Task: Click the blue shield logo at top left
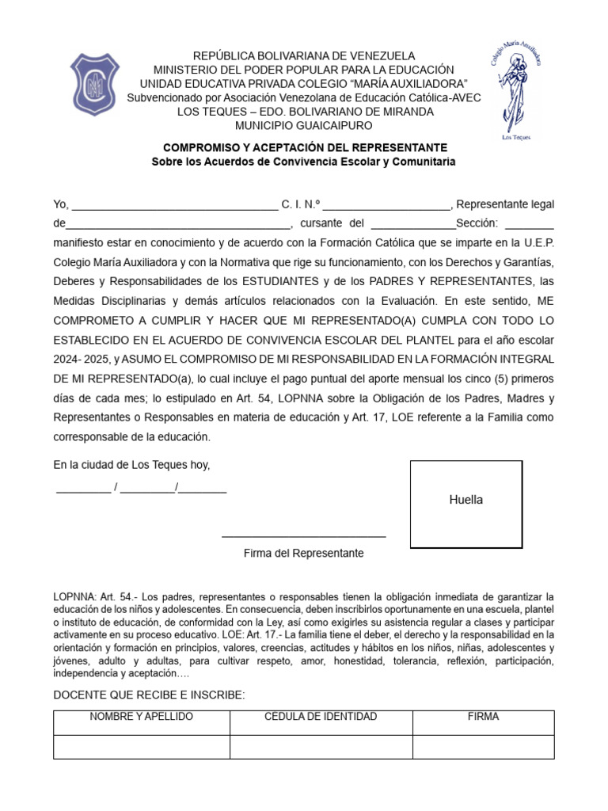[x=97, y=85]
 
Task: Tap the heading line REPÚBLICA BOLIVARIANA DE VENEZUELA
[x=305, y=55]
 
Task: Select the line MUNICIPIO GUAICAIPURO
[x=304, y=125]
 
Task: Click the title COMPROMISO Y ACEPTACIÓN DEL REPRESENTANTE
[x=305, y=148]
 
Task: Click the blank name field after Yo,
[x=175, y=204]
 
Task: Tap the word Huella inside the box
[x=465, y=500]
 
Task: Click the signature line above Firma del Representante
[x=304, y=536]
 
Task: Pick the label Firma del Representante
[x=304, y=554]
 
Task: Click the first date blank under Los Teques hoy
[x=83, y=489]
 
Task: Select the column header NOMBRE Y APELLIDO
[x=142, y=717]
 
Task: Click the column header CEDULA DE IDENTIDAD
[x=321, y=717]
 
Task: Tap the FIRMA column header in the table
[x=483, y=717]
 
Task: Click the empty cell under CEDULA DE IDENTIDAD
[x=321, y=747]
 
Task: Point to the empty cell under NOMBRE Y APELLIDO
[x=142, y=747]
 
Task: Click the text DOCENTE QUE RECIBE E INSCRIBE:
[x=149, y=695]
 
